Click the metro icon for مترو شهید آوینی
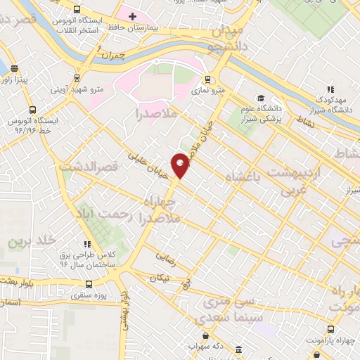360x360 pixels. click(75, 78)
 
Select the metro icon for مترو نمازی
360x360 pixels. click(208, 79)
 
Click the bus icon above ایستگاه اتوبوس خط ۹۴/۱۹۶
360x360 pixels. click(33, 110)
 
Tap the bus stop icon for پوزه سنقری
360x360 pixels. click(89, 284)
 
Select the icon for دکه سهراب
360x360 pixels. click(238, 349)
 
